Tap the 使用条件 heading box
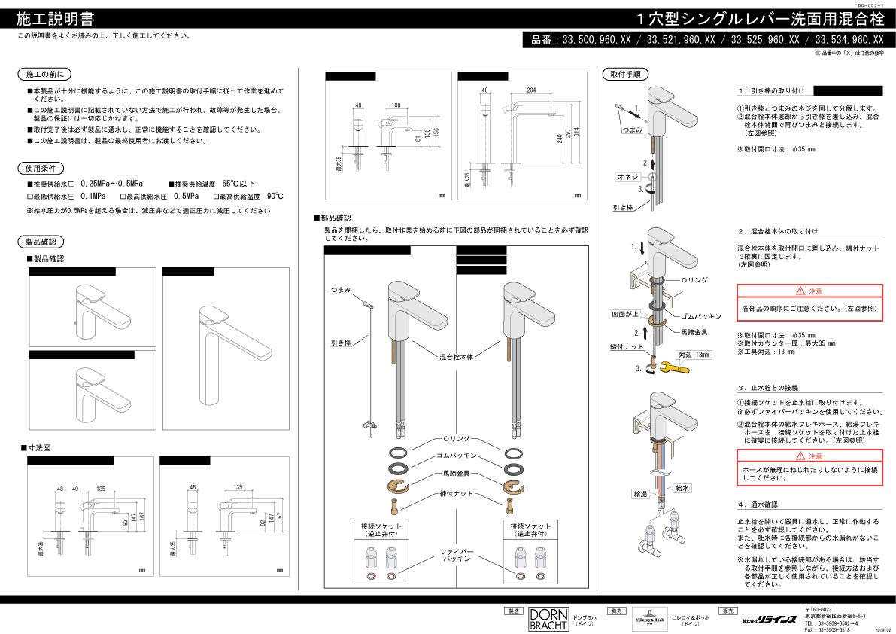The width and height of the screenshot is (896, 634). tap(41, 168)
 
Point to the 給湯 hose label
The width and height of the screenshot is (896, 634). tap(639, 494)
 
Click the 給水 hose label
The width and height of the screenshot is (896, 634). tap(682, 488)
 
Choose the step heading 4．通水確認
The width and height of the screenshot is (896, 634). tap(758, 504)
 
